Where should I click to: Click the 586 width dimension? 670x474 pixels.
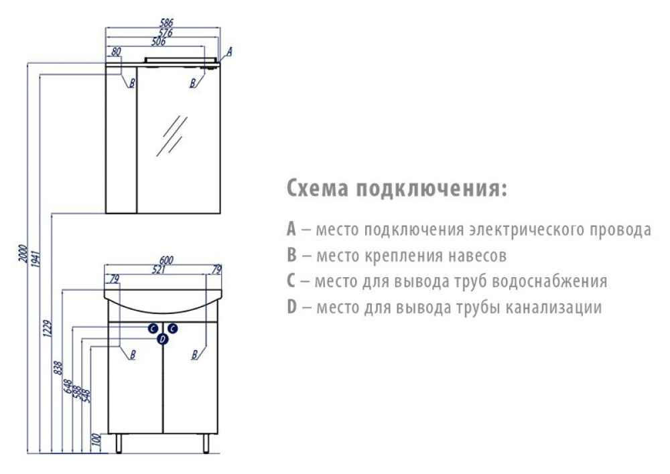click(166, 23)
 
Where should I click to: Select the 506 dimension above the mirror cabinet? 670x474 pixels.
click(159, 42)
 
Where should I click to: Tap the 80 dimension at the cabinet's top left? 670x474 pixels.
click(116, 52)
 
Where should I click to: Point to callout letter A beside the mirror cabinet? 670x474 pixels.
click(229, 52)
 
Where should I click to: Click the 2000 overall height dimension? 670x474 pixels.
click(23, 254)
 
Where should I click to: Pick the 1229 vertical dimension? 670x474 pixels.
click(48, 329)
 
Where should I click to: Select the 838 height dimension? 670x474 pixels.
click(58, 368)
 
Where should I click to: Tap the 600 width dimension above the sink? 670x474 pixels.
click(166, 260)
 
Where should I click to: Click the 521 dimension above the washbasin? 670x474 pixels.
click(159, 270)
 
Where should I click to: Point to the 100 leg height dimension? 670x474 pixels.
click(96, 440)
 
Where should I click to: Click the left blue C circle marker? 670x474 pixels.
click(153, 328)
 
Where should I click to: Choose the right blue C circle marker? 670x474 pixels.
click(173, 328)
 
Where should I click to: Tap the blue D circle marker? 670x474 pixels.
click(162, 339)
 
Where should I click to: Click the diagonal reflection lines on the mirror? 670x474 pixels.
click(172, 136)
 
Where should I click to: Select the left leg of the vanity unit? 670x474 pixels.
click(119, 444)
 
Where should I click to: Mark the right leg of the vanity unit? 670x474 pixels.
click(206, 444)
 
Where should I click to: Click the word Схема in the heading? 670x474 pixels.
click(318, 188)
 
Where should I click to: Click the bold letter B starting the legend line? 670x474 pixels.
click(291, 255)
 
